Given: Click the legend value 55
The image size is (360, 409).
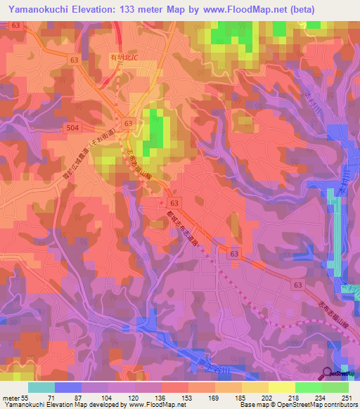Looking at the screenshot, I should tap(27, 398).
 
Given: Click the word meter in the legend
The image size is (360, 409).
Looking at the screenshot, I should tap(11, 398).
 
